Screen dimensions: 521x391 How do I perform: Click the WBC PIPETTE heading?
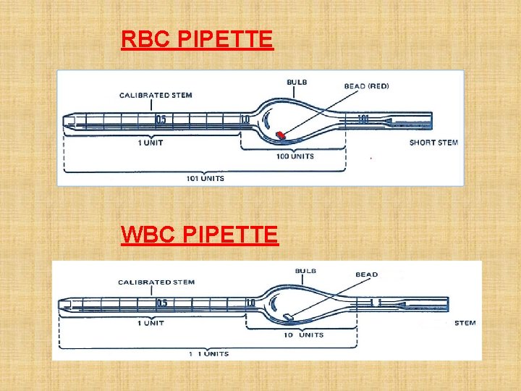199,235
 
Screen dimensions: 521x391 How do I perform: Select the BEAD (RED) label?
366,86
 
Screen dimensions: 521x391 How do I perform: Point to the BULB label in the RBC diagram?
297,83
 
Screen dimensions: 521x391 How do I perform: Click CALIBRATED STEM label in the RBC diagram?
156,95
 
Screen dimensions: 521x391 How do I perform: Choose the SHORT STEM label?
433,143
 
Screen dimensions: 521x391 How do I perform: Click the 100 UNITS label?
295,156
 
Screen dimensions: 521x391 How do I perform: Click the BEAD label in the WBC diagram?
366,275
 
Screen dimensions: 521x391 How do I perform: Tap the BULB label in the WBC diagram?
305,272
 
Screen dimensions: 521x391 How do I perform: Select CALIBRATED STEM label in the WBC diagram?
156,282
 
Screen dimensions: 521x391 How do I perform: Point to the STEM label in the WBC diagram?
465,323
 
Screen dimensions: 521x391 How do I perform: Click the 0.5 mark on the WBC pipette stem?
162,303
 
